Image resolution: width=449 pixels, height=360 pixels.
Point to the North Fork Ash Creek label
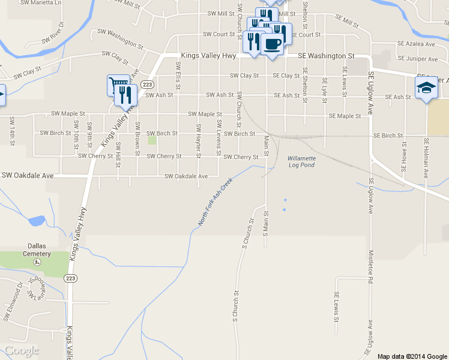[x=215, y=202]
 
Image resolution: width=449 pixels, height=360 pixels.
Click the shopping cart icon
[x=117, y=85]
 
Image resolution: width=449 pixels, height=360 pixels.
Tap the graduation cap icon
[x=426, y=88]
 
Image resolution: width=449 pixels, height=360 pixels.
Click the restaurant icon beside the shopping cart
[x=125, y=95]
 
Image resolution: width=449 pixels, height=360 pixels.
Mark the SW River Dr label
[x=53, y=34]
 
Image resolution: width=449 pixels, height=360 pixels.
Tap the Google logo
[x=22, y=350]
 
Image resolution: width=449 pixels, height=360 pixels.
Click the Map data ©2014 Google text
[x=412, y=356]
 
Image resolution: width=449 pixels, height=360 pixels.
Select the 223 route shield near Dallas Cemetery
[x=71, y=278]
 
